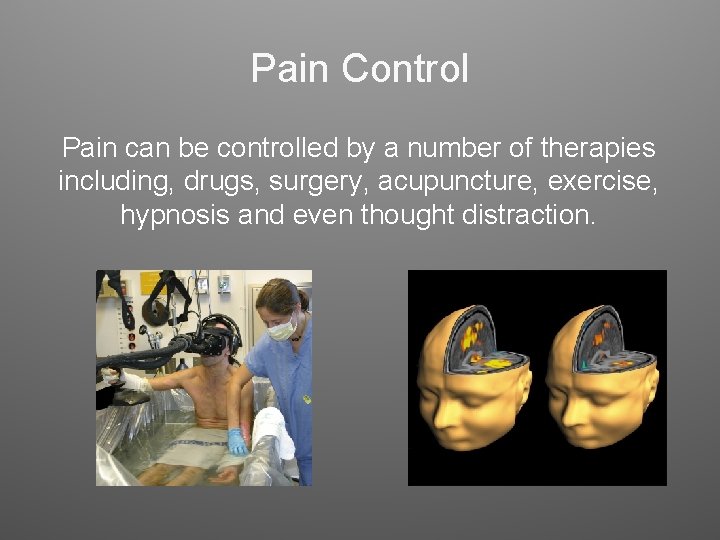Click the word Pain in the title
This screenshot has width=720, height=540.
291,69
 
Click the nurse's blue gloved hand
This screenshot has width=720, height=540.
237,442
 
